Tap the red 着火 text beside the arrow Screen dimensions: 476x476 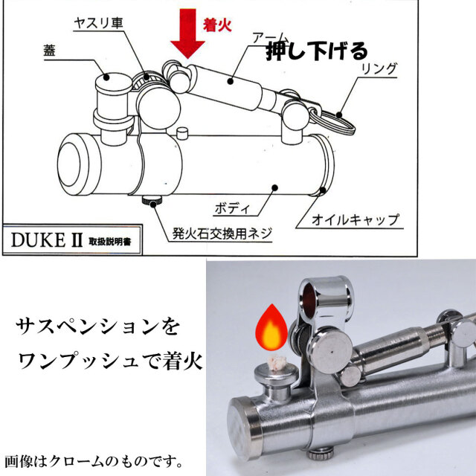pos(217,25)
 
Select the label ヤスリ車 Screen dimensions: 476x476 pos(98,23)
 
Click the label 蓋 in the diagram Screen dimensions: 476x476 pos(50,50)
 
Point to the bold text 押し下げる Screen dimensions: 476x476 pos(317,51)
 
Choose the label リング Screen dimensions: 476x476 pos(379,69)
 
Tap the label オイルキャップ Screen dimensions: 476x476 pos(356,219)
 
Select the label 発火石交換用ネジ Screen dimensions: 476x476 pos(222,234)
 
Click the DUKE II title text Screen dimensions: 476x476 pos(47,240)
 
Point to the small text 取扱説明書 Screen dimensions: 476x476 pos(110,242)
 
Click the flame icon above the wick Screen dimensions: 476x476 pos(271,328)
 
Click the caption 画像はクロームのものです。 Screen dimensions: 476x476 pos(94,461)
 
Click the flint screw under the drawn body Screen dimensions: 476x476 pos(152,201)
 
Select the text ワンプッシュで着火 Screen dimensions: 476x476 pos(110,361)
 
